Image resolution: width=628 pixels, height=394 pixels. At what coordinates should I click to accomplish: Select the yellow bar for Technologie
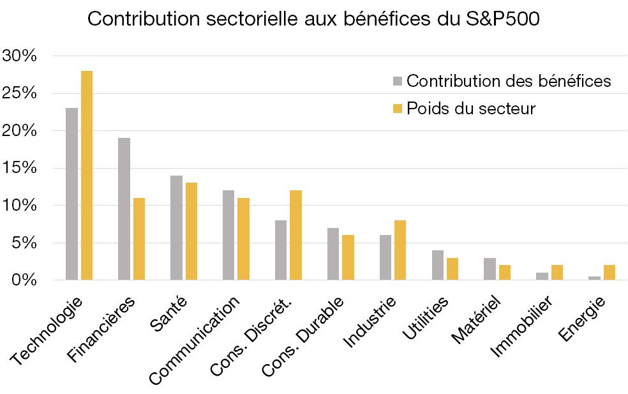[86, 175]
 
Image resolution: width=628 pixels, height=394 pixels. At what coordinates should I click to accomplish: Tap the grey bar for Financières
[124, 209]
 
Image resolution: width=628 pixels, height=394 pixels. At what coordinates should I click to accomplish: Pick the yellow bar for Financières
[138, 239]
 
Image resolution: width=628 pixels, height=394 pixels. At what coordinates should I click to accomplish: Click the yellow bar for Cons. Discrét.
[295, 235]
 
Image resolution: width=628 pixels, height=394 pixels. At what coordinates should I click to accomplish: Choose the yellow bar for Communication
[243, 239]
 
